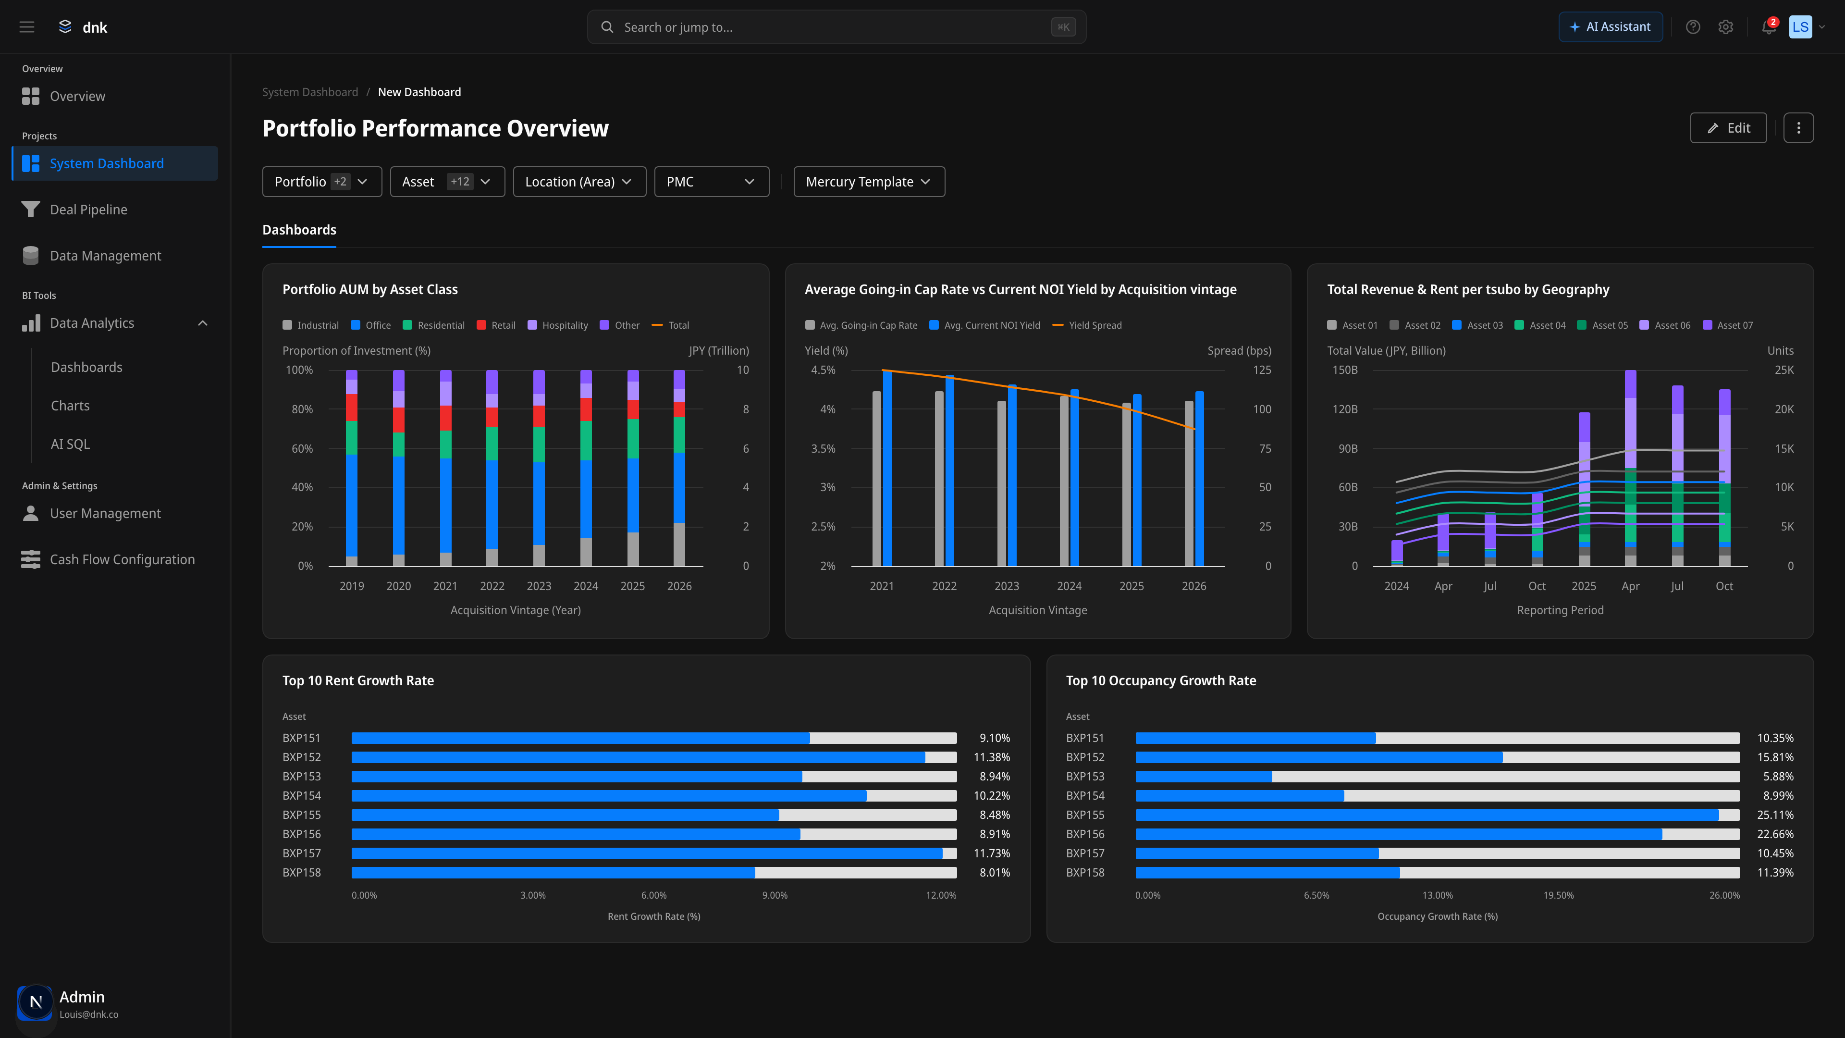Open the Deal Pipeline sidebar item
[x=88, y=209]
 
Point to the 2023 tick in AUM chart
[x=539, y=586]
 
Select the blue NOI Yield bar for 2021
[x=887, y=469]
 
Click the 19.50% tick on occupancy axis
[x=1559, y=895]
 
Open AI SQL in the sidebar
[x=70, y=444]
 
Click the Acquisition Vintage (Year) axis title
[x=515, y=610]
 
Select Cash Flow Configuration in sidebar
[x=122, y=559]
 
